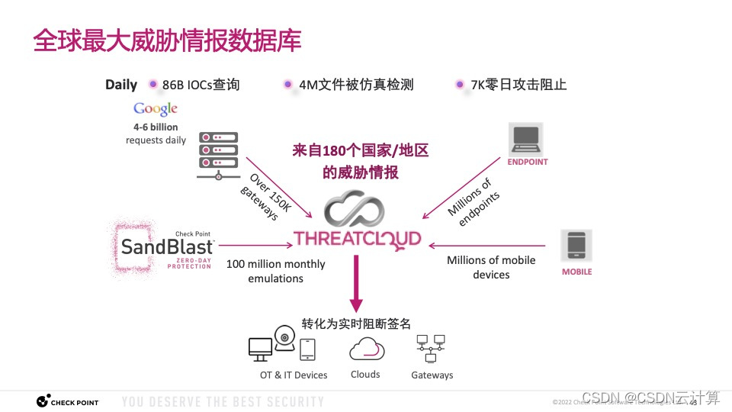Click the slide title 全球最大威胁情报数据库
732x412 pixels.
tap(167, 40)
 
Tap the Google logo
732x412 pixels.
tap(155, 109)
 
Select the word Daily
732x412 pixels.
tap(121, 85)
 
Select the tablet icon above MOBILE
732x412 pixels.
tap(576, 246)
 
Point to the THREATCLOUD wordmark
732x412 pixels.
tap(357, 239)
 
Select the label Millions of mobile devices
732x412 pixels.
tap(491, 267)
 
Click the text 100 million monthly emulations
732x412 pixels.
tap(275, 271)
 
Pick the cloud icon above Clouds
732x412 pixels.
tap(365, 349)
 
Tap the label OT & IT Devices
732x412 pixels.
tap(294, 375)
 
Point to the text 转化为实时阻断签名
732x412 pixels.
tap(356, 323)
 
